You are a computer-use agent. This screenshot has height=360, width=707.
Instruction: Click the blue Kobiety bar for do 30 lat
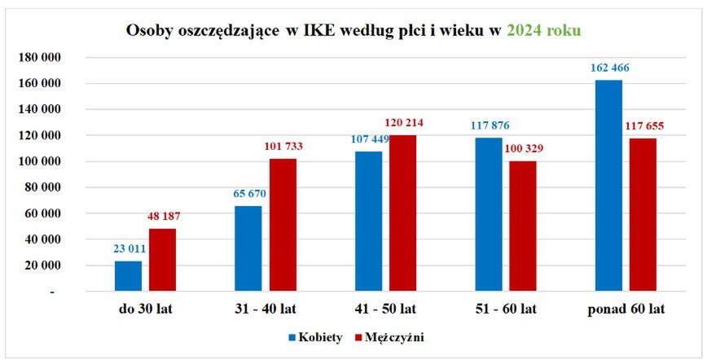(128, 275)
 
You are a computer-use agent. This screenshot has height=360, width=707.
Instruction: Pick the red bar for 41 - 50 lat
(403, 213)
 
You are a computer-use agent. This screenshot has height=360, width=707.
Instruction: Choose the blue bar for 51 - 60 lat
(488, 213)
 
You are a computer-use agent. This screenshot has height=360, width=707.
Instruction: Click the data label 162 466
(609, 68)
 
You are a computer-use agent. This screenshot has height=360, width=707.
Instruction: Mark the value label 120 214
(403, 123)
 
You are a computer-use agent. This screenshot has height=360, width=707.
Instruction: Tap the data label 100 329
(523, 148)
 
